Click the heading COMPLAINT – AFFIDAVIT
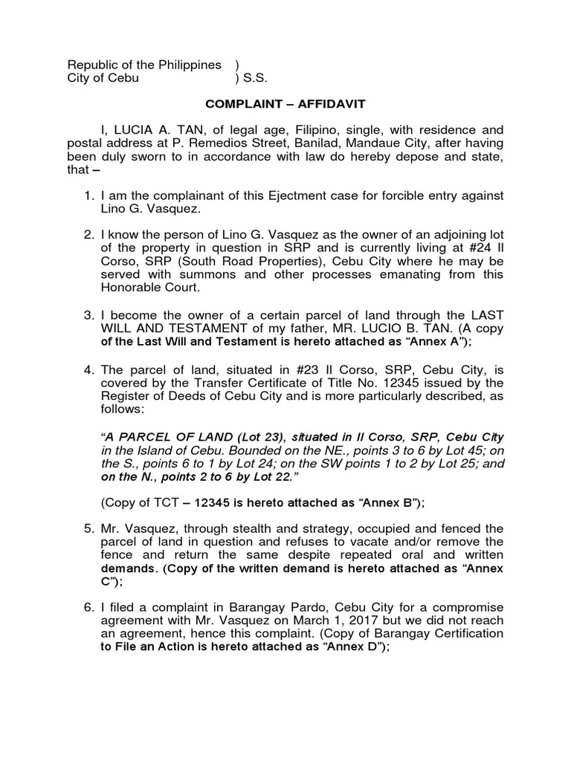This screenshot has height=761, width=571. [285, 106]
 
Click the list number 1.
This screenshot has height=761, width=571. [88, 195]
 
